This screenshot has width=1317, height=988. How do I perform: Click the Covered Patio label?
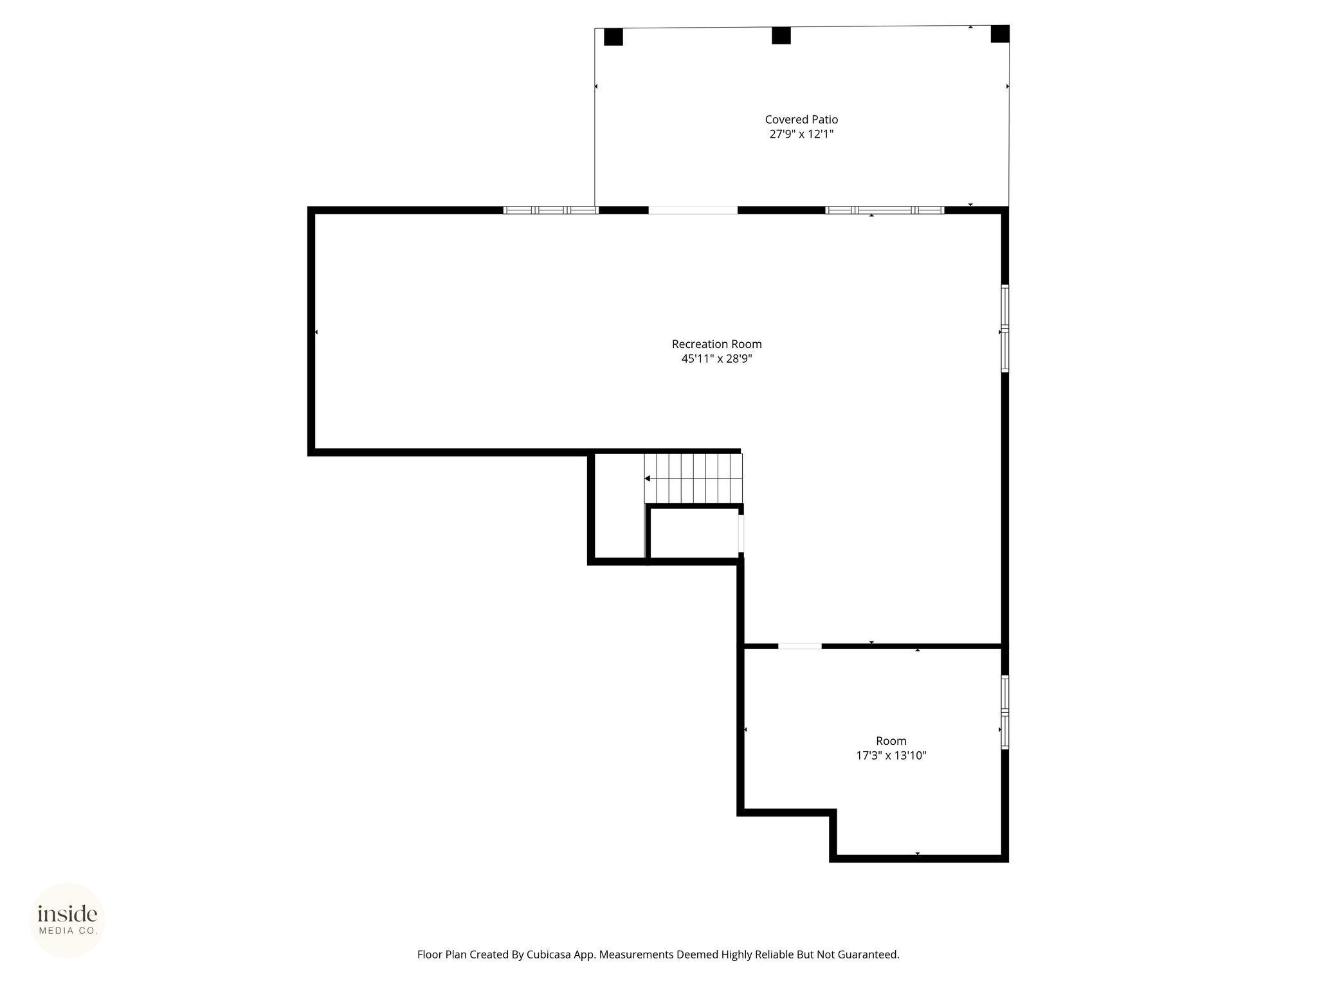[x=801, y=120]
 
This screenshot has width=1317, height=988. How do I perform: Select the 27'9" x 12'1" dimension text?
[x=801, y=134]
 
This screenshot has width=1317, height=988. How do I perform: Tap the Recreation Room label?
[x=717, y=344]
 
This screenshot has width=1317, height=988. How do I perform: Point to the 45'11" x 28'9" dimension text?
[x=717, y=359]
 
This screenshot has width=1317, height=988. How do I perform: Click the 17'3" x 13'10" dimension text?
[x=891, y=756]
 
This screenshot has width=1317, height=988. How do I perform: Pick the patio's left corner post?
[x=613, y=37]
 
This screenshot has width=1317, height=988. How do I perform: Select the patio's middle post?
[x=781, y=35]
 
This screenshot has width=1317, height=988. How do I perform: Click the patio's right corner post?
[x=1000, y=34]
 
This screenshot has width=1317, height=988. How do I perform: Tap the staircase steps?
[x=693, y=479]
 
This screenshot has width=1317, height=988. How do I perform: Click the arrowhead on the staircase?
[x=648, y=479]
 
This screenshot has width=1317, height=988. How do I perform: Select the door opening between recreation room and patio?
[x=693, y=210]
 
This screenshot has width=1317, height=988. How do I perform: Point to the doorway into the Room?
[x=800, y=646]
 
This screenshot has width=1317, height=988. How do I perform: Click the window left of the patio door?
[x=551, y=210]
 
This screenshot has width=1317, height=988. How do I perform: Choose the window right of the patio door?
[x=885, y=210]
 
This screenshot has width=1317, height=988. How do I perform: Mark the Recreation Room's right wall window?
[x=1004, y=329]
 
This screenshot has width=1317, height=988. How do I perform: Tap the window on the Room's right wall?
[x=1004, y=712]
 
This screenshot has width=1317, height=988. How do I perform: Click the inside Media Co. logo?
[x=68, y=920]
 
